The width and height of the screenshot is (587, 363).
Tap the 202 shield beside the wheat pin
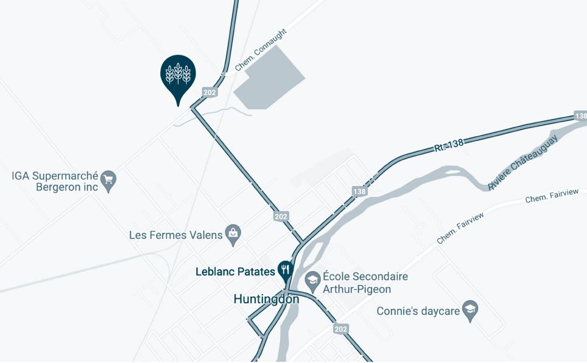[x=209, y=92]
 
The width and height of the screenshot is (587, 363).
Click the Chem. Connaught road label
[x=260, y=50]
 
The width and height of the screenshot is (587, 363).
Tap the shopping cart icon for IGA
[x=108, y=179]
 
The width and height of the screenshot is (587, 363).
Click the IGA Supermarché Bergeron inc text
[x=55, y=181]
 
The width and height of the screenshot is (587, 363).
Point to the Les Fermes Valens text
[x=176, y=235]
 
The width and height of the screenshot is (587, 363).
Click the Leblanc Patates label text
[x=235, y=272]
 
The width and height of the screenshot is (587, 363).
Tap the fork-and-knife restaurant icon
[x=285, y=269]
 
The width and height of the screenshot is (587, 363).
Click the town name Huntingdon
[x=266, y=299]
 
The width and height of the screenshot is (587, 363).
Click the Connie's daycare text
[x=418, y=311]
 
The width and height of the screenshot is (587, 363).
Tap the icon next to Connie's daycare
[x=470, y=309]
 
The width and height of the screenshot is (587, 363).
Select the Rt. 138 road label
[x=449, y=144]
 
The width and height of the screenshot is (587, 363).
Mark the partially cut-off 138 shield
[x=580, y=116]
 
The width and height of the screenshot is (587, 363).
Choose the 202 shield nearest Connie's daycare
[x=342, y=329]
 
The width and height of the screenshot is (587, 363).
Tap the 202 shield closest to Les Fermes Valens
[x=281, y=216]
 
